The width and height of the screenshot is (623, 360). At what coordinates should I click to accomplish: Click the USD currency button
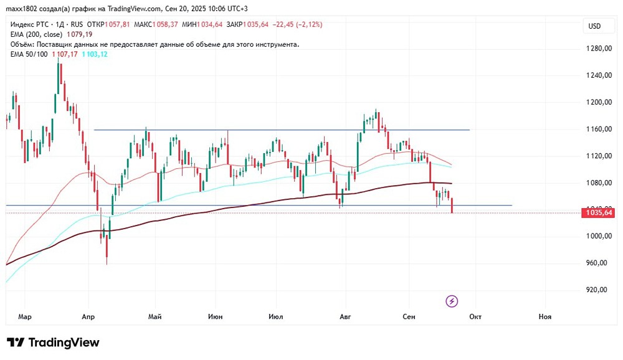point(594,26)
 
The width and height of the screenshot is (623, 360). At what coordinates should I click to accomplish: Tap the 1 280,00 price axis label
point(597,49)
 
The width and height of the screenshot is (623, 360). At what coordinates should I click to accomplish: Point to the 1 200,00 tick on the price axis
point(597,102)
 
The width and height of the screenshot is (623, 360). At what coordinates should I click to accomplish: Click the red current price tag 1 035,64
point(599,213)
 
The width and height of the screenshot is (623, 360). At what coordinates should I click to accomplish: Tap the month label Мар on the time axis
point(25,317)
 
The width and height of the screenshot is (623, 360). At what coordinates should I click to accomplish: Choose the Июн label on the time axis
point(216,317)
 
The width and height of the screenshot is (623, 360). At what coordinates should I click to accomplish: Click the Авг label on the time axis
point(345,317)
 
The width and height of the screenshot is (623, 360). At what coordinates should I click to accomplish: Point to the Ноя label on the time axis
point(545,317)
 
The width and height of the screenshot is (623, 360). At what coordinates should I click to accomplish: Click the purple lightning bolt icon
point(452,301)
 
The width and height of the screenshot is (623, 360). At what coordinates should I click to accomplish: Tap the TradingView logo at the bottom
point(54,343)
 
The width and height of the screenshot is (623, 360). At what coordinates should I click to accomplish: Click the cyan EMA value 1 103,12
point(95,55)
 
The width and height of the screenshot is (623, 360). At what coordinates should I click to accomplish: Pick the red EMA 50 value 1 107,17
point(65,55)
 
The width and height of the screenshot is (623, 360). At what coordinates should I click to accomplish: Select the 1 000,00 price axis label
point(597,236)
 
